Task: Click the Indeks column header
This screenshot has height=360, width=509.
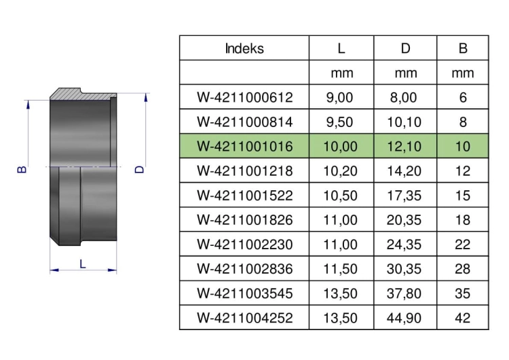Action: point(244,48)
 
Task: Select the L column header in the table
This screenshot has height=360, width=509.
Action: point(341,48)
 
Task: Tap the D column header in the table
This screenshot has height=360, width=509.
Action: point(405,48)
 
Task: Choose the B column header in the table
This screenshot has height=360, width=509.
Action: point(463,48)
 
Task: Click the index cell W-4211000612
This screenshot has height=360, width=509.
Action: point(245,98)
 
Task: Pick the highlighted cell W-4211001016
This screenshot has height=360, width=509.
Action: point(245,147)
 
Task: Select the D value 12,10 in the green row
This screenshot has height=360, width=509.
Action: point(404,147)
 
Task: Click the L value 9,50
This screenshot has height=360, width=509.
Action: point(339,122)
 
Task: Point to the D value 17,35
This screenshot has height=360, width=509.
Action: point(404,196)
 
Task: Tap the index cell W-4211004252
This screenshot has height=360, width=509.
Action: point(245,318)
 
